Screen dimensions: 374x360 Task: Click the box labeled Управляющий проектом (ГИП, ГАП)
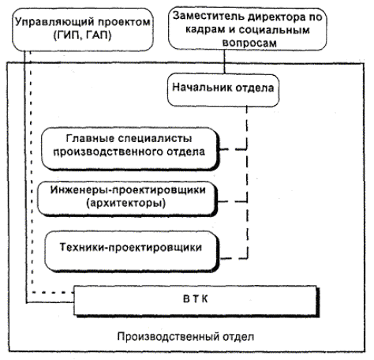(83, 29)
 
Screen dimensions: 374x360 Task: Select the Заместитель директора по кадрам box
(247, 28)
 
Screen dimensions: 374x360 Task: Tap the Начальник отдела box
(223, 90)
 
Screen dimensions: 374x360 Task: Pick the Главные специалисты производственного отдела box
(130, 149)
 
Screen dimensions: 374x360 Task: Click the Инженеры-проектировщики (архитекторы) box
(128, 199)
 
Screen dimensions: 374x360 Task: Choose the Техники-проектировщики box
(132, 251)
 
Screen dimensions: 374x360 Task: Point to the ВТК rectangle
(196, 301)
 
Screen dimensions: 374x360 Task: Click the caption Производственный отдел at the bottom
(185, 336)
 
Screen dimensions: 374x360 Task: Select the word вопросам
(249, 43)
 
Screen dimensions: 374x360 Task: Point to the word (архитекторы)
(126, 203)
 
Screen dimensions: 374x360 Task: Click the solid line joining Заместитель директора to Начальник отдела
(224, 62)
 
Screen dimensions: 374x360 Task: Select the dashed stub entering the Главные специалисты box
(233, 149)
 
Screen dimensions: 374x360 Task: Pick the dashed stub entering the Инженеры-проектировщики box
(233, 202)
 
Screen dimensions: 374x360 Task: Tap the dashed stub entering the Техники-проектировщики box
(234, 259)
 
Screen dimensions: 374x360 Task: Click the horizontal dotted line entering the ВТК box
(53, 292)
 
